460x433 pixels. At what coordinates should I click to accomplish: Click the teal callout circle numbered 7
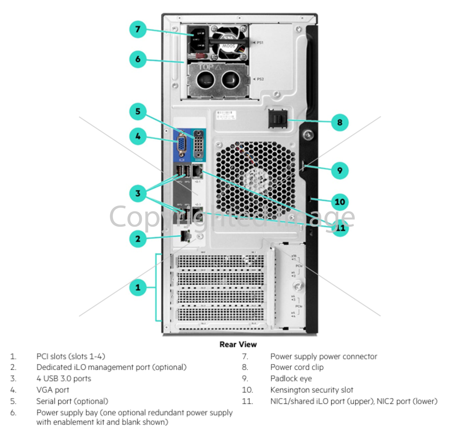point(138,29)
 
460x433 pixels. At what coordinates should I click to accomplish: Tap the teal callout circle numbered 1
point(138,287)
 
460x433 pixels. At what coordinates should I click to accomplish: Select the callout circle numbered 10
point(340,201)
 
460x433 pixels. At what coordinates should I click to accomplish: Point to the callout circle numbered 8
point(340,123)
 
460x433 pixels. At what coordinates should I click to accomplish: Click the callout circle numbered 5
point(138,111)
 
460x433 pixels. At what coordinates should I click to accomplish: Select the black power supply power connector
point(199,39)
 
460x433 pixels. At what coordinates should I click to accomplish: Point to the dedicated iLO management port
point(186,236)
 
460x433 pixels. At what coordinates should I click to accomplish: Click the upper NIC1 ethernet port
point(197,172)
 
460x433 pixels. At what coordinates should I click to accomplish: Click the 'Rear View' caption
point(238,344)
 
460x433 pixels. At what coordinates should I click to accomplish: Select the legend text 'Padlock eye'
point(291,379)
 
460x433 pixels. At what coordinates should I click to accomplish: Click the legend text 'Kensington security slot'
point(312,390)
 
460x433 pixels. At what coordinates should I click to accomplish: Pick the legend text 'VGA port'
point(53,390)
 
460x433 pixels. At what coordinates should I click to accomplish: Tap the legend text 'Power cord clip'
point(297,367)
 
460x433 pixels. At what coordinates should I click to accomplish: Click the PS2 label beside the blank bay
point(260,79)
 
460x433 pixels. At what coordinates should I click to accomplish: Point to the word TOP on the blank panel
point(205,67)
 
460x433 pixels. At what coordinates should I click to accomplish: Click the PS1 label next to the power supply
point(260,42)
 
